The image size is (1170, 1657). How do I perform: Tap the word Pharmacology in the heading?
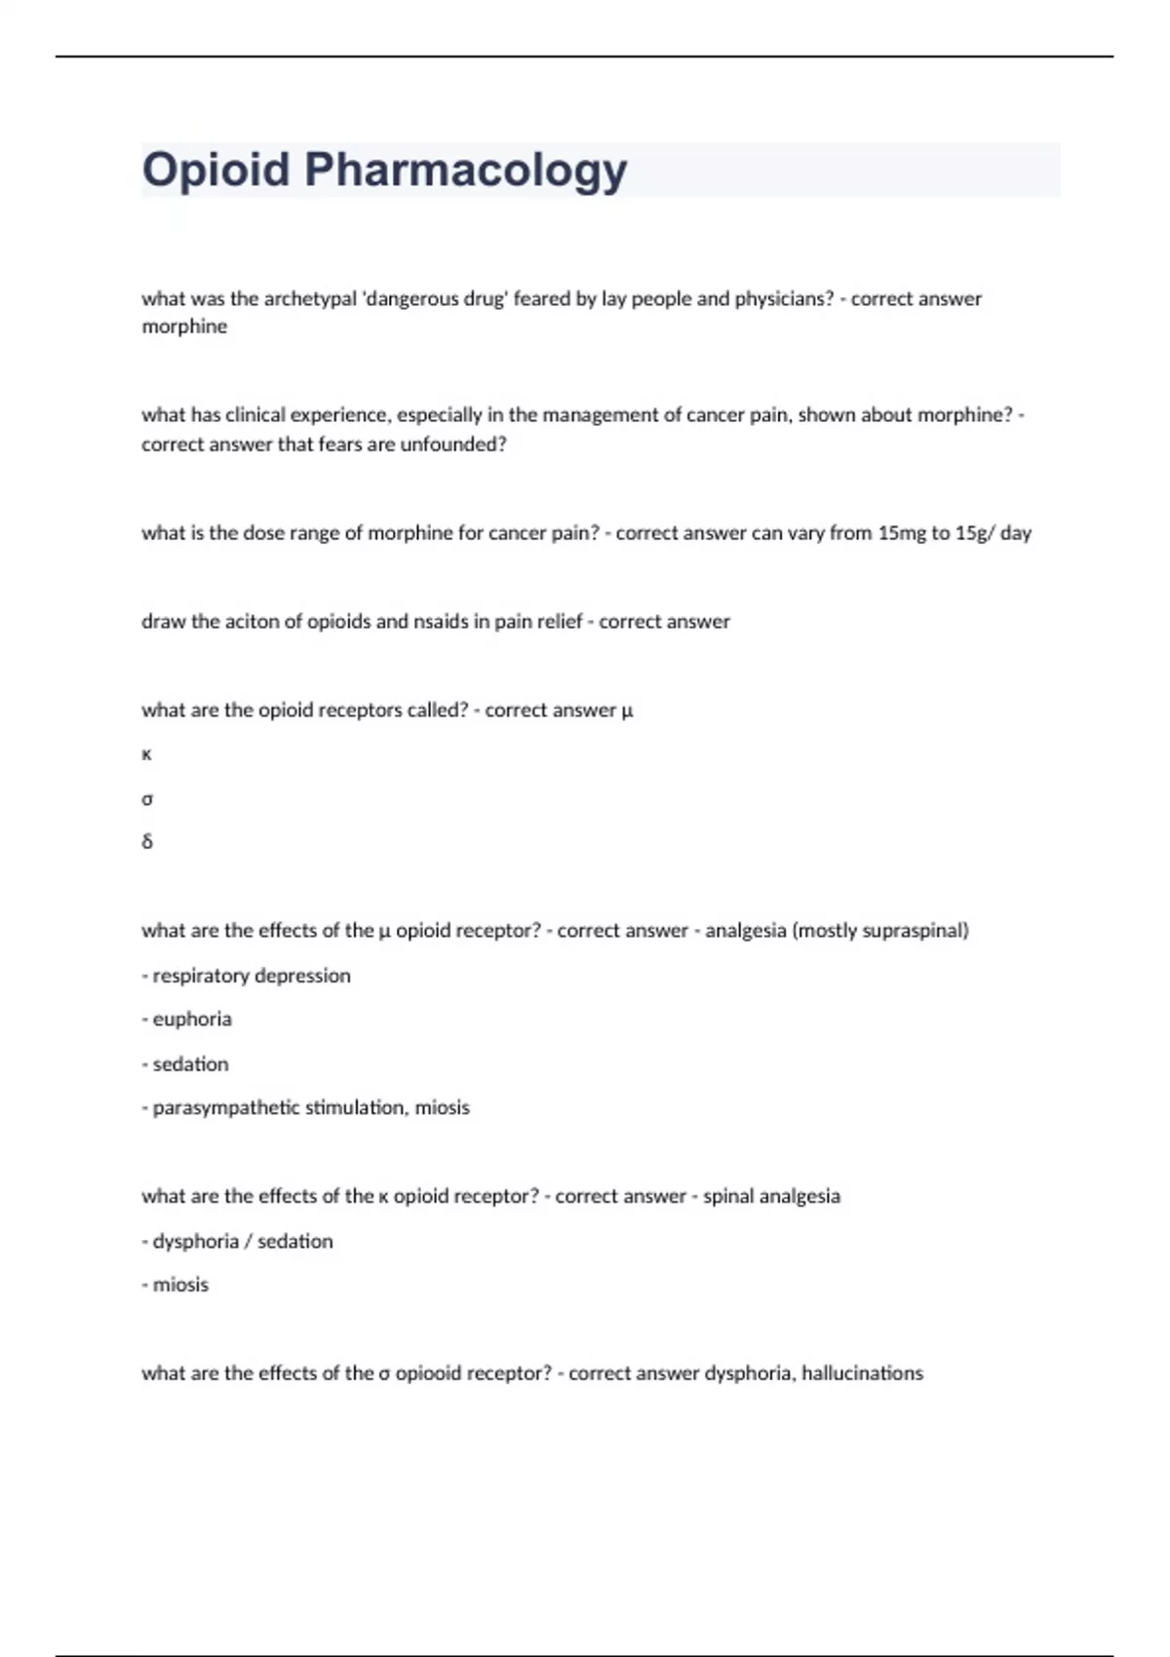tap(465, 171)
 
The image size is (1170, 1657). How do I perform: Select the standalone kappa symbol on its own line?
tap(147, 754)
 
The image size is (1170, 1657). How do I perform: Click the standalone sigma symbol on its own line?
tap(147, 799)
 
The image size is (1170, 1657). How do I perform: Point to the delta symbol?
tap(147, 841)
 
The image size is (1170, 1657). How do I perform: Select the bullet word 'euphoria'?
tap(192, 1020)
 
